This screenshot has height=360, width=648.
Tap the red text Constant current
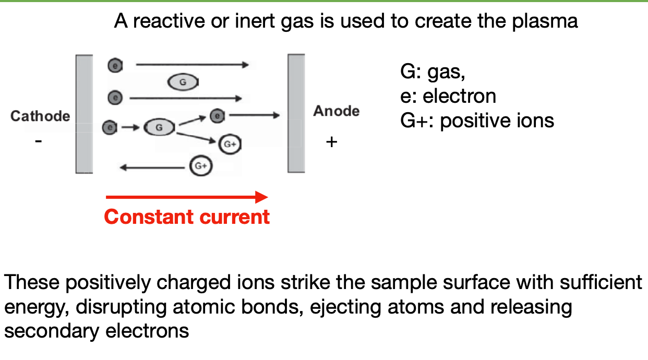click(x=187, y=217)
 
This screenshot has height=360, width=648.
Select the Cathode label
click(x=40, y=116)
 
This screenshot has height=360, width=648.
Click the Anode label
click(x=336, y=111)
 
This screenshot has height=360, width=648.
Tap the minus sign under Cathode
click(x=38, y=141)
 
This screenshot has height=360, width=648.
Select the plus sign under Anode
click(x=331, y=141)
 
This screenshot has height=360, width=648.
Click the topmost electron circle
click(x=115, y=66)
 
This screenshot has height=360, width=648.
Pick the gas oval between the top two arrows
click(x=183, y=82)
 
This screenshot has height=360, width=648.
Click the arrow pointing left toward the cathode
click(x=154, y=167)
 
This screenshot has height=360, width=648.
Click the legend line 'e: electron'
click(x=448, y=96)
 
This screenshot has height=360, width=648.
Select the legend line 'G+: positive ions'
click(x=477, y=121)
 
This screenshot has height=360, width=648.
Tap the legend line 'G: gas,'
click(x=433, y=72)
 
